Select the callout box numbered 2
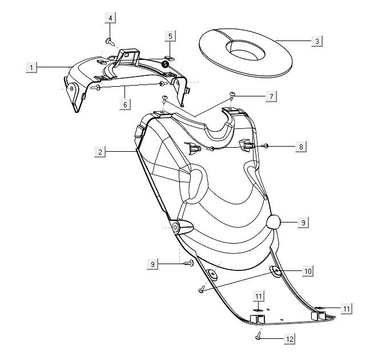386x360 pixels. (x=100, y=152)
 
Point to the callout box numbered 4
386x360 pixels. (x=110, y=18)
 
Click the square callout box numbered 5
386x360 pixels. (x=170, y=36)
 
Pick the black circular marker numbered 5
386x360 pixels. (x=165, y=64)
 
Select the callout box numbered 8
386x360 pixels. (x=301, y=146)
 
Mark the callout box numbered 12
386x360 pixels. (x=289, y=339)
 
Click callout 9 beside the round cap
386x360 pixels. (x=303, y=223)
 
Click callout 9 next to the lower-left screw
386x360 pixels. (x=152, y=264)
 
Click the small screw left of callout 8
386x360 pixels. (x=266, y=147)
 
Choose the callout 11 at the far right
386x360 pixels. (x=346, y=308)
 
